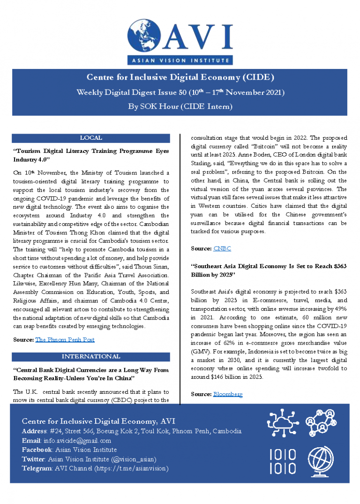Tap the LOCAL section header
click(91, 138)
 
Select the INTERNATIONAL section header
click(91, 356)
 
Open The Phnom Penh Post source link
click(65, 339)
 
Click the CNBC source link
click(222, 248)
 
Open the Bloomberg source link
click(228, 394)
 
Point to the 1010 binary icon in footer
click(283, 461)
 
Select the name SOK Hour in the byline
click(158, 106)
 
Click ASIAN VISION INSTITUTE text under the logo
click(180, 60)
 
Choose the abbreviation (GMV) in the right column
click(202, 352)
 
